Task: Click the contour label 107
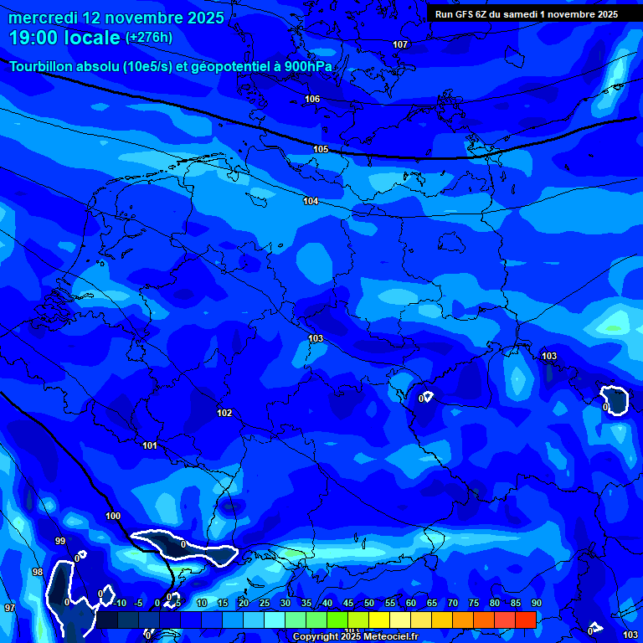click(400, 44)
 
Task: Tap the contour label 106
click(312, 99)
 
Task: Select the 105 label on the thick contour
click(321, 149)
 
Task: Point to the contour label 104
click(311, 201)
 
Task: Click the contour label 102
click(224, 413)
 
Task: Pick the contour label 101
click(150, 445)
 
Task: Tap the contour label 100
click(113, 516)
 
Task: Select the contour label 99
click(60, 541)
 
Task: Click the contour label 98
click(37, 572)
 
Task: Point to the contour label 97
click(9, 608)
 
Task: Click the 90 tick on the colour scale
click(536, 604)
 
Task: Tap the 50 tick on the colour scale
click(368, 604)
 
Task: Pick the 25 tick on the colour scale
click(264, 604)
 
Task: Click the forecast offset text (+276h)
click(148, 38)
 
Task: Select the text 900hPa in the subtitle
click(303, 67)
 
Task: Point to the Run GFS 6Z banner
click(526, 13)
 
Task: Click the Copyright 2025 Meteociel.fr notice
click(355, 637)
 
